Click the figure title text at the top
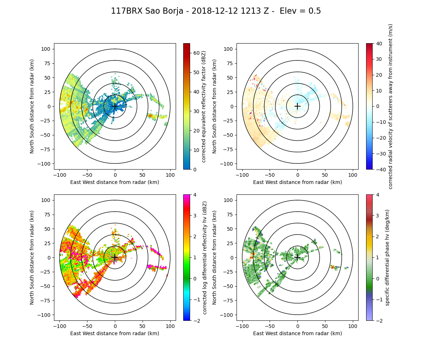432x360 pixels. tap(216, 11)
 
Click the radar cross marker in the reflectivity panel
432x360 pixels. tap(115, 106)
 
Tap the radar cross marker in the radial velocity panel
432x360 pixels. tap(297, 106)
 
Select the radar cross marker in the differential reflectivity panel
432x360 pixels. tap(115, 257)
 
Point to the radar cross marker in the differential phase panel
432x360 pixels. tap(297, 257)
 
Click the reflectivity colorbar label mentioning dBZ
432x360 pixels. tap(204, 106)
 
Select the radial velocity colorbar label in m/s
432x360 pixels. tap(391, 106)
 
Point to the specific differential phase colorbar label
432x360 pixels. tap(388, 257)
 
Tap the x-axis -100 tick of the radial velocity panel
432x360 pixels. tap(242, 175)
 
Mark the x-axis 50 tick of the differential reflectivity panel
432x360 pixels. tap(143, 326)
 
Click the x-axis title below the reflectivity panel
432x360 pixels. tap(115, 182)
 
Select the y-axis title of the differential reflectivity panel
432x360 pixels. tap(32, 257)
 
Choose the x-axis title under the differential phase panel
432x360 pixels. tap(297, 333)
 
